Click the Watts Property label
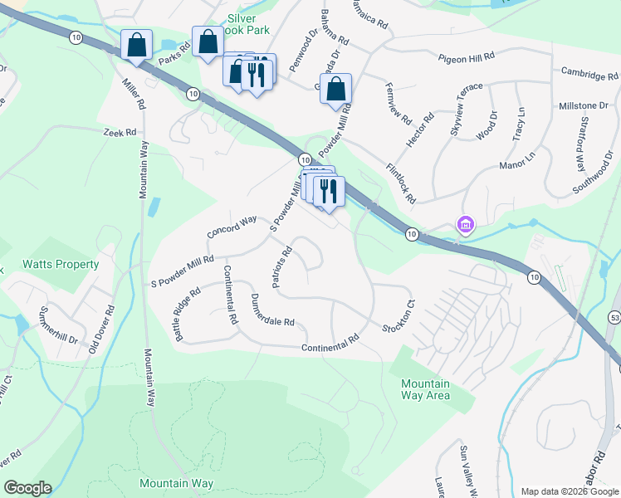point(61,264)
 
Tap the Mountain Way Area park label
point(425,389)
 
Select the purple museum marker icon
point(464,224)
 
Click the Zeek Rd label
point(119,133)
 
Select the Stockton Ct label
point(398,319)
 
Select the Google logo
point(27,488)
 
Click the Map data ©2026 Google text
point(569,491)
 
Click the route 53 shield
point(615,317)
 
